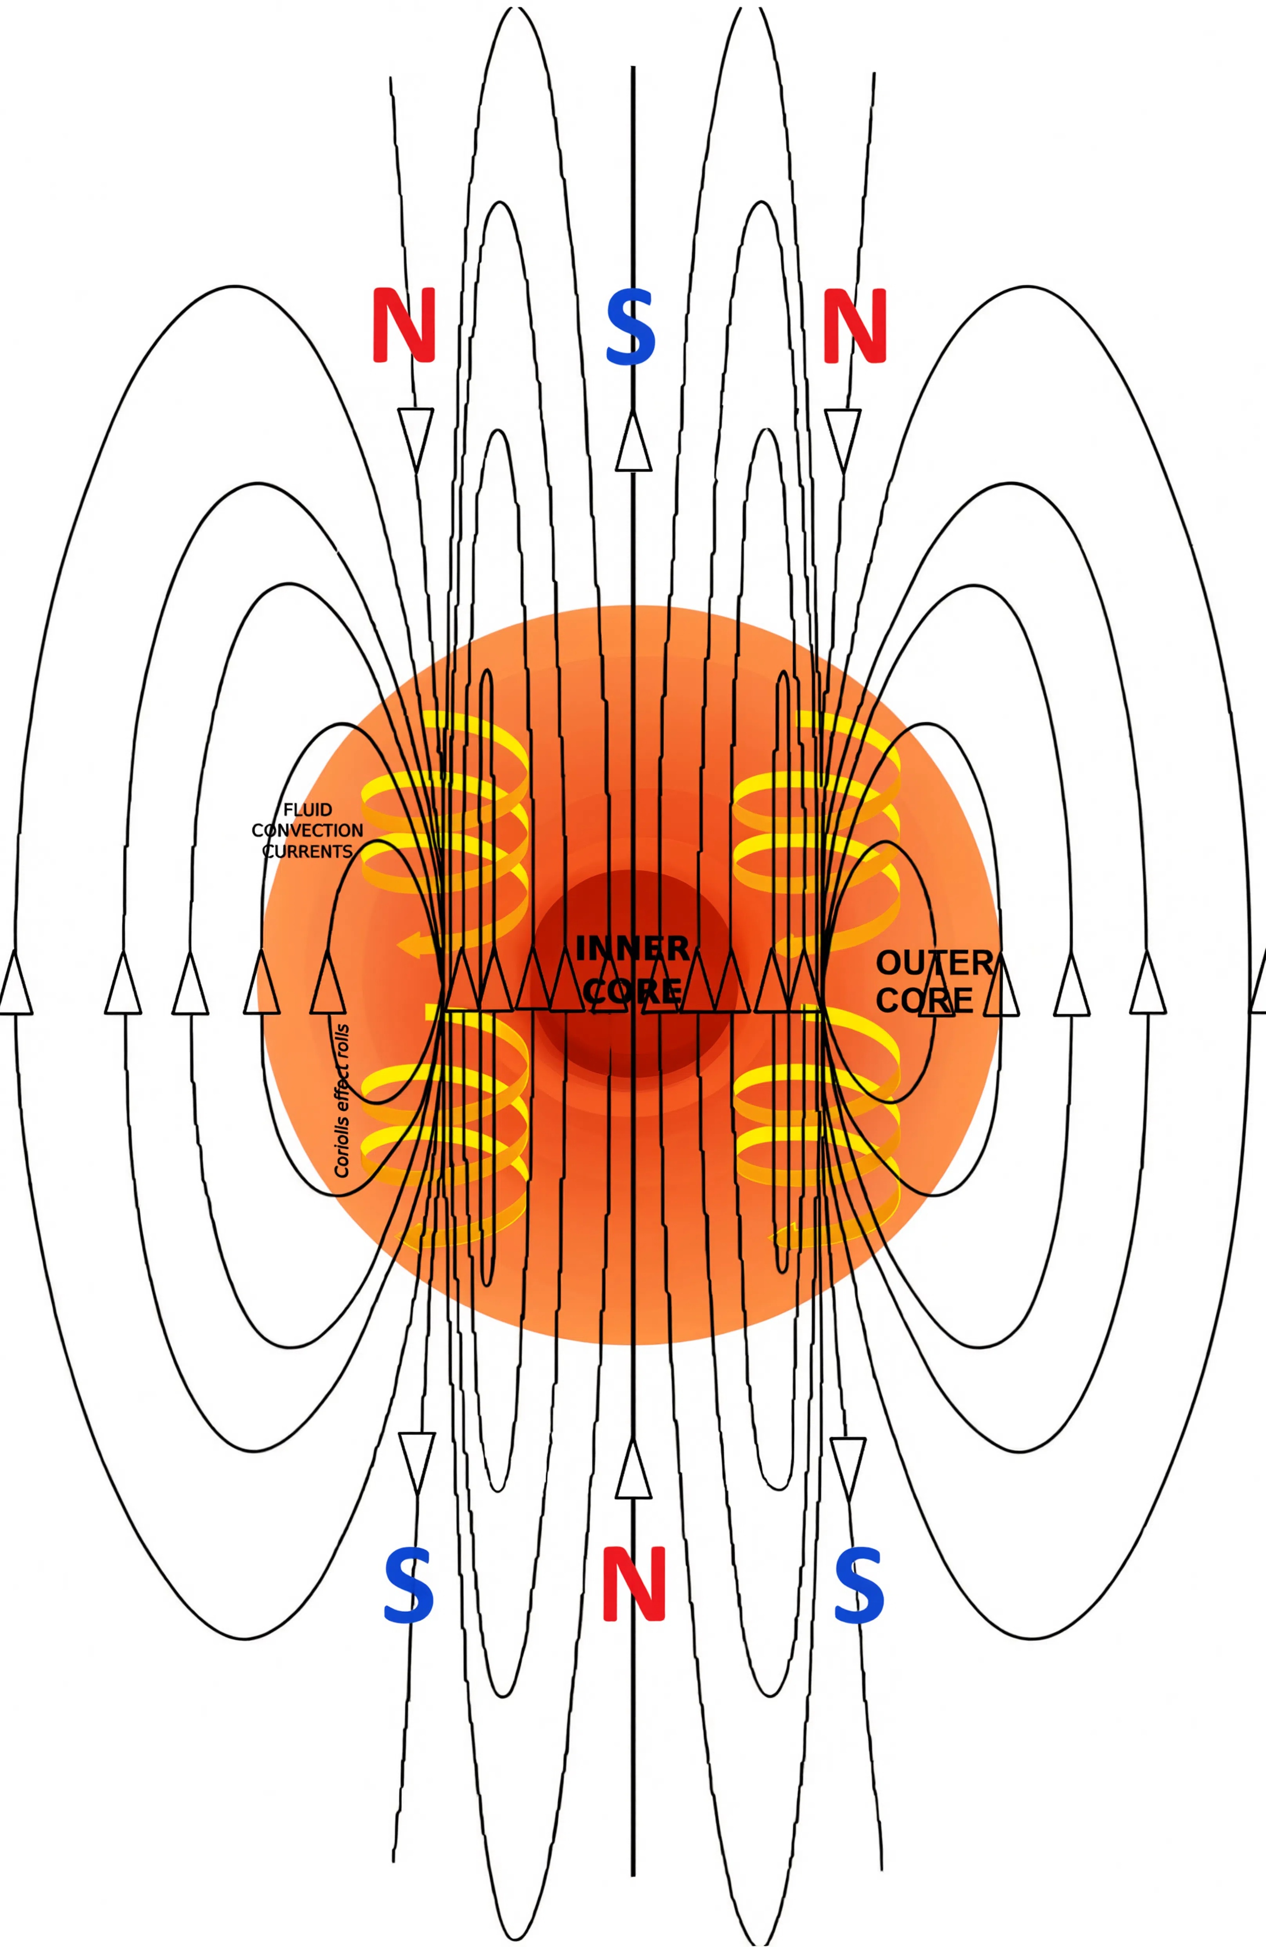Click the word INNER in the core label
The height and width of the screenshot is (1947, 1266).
[x=632, y=949]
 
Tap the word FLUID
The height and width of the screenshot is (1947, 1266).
[x=308, y=810]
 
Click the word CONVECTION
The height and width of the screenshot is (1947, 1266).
[x=307, y=830]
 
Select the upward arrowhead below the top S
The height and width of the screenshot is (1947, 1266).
[x=633, y=440]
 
